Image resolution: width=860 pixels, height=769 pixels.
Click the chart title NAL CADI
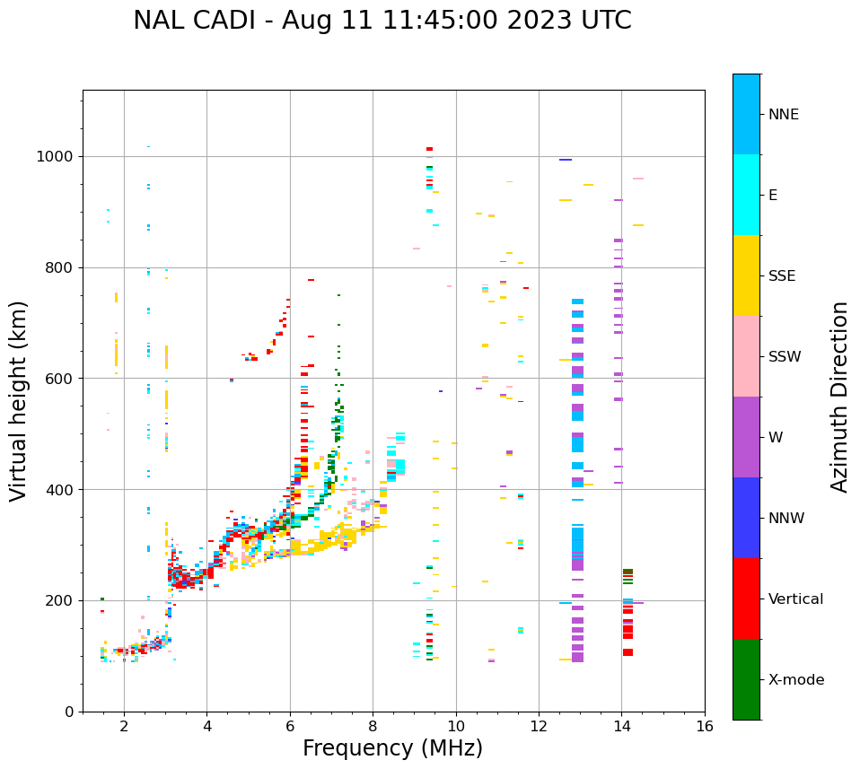click(382, 22)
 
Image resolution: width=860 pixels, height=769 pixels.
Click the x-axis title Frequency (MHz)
click(392, 748)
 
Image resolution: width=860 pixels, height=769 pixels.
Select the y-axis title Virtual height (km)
click(20, 401)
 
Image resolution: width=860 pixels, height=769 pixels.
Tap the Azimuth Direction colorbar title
click(839, 397)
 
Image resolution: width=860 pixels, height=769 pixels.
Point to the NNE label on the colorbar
click(784, 115)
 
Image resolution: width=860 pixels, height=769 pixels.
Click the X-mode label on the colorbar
click(796, 680)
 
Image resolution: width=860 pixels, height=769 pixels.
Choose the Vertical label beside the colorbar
click(796, 599)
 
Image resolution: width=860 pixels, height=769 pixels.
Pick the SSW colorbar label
click(785, 357)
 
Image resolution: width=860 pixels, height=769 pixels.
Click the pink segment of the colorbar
click(746, 356)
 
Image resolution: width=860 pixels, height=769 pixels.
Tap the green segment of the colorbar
click(746, 679)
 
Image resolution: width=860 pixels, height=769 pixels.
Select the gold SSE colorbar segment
click(746, 275)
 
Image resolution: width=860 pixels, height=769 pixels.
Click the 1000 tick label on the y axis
click(56, 157)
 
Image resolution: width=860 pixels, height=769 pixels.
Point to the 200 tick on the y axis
click(60, 601)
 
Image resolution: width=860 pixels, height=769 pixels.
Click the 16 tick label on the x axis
click(705, 726)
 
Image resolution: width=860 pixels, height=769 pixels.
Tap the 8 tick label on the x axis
click(373, 726)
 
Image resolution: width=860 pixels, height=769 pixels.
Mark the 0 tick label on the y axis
click(67, 712)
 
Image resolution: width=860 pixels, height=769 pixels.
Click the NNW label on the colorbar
click(786, 519)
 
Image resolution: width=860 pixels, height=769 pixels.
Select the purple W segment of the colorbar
click(746, 437)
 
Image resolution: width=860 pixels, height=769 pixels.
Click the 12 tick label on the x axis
click(539, 726)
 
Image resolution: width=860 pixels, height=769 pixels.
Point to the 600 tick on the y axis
click(60, 379)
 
